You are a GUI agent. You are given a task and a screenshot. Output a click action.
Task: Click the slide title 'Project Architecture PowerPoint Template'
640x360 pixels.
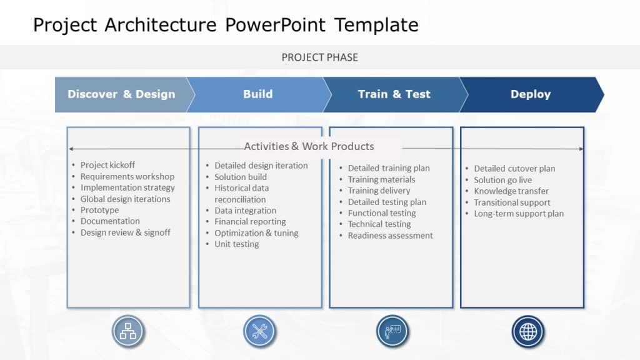[226, 25]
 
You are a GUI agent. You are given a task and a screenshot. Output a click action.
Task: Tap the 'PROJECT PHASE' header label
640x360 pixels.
[319, 57]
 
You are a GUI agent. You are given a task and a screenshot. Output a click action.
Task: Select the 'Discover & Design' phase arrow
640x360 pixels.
[121, 94]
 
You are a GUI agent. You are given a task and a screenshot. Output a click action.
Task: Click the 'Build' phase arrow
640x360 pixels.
[257, 94]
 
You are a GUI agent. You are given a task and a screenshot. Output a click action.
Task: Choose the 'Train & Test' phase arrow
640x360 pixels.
[394, 94]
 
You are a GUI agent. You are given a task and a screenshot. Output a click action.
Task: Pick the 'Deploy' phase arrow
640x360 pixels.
[530, 94]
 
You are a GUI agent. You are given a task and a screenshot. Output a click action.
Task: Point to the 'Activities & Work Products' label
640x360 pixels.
[309, 146]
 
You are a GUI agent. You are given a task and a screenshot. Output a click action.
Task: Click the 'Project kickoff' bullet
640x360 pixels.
[107, 165]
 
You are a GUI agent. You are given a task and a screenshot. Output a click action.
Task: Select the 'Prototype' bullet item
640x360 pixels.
[99, 210]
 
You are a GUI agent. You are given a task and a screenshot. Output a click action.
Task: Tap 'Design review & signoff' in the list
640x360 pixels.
[125, 232]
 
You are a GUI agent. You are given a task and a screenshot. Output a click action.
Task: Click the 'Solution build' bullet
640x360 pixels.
[241, 177]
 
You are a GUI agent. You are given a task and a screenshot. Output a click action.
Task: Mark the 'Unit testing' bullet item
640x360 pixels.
[236, 244]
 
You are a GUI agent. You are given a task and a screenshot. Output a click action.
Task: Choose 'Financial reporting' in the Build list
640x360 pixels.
[250, 222]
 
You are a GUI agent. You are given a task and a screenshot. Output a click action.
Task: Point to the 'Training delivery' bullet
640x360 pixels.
[379, 191]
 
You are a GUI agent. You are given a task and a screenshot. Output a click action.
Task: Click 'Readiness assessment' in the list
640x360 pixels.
[390, 236]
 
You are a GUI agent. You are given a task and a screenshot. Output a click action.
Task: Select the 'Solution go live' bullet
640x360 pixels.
[502, 180]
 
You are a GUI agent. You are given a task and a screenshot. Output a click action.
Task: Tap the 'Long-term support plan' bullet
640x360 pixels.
[518, 214]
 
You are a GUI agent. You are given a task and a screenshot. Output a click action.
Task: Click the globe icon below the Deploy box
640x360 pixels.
[528, 331]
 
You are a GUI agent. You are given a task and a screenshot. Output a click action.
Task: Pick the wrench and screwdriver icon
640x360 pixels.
[259, 331]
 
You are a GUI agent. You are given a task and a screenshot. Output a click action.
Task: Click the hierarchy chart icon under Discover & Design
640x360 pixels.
[128, 331]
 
